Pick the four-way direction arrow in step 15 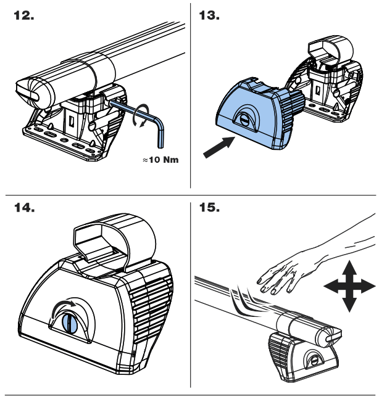pos(348,285)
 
